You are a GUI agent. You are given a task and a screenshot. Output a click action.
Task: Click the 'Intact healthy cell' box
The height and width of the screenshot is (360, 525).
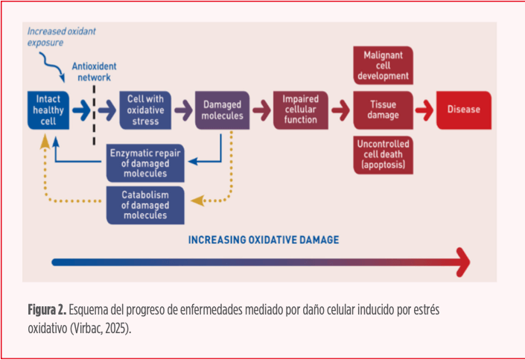[48, 110]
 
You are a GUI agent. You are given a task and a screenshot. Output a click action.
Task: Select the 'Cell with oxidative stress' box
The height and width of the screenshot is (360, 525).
[145, 110]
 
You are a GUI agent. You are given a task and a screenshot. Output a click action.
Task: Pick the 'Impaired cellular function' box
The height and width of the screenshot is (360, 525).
[300, 110]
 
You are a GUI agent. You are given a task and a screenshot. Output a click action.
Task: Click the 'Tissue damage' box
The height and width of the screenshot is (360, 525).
[383, 110]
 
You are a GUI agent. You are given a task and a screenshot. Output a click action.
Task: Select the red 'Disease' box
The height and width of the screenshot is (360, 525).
[463, 110]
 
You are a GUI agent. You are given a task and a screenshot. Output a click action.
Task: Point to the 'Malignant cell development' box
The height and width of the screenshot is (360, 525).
[383, 66]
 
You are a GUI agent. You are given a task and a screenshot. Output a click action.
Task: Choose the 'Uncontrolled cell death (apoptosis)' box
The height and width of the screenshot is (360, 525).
[383, 154]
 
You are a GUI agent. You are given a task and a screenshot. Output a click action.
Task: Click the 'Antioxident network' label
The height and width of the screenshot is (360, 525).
[94, 71]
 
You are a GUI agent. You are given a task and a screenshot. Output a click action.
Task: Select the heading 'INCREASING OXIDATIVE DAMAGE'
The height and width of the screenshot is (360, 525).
[263, 239]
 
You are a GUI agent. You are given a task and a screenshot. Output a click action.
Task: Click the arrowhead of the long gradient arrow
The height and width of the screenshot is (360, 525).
[462, 262]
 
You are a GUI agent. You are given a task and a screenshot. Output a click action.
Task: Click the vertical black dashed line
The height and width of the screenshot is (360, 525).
[94, 116]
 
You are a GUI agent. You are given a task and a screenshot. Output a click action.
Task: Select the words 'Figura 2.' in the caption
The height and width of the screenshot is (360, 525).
[46, 309]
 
